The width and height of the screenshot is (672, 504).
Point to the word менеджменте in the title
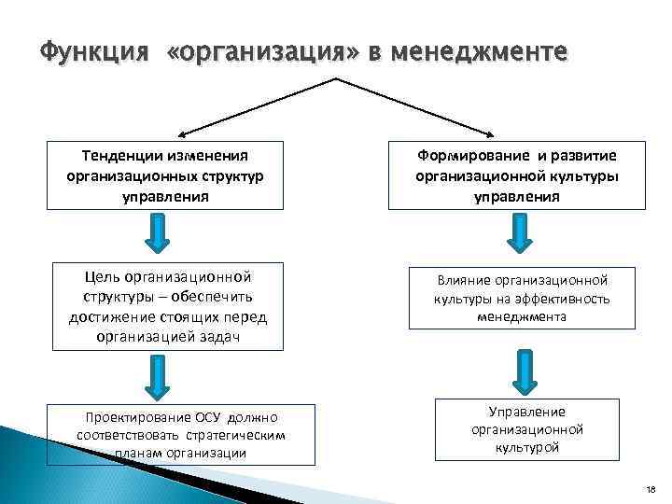click(480, 52)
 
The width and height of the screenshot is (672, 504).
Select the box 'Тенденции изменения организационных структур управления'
click(163, 175)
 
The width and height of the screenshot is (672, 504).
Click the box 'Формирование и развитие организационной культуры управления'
click(516, 175)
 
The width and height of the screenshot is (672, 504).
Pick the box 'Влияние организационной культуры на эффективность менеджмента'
click(520, 298)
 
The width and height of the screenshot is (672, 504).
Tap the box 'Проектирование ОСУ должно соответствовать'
click(181, 434)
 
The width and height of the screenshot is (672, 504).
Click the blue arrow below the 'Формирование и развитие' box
click(519, 232)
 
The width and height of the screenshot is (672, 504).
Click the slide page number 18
click(650, 489)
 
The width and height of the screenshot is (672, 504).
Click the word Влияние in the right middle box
click(464, 279)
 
